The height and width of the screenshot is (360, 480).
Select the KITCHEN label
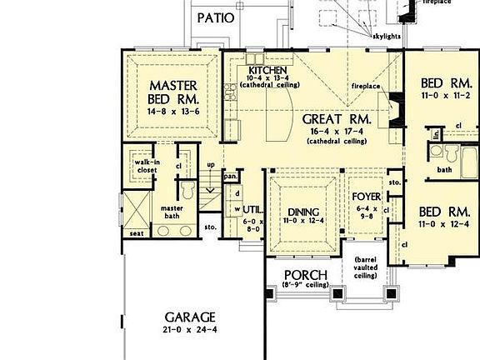tap(267, 70)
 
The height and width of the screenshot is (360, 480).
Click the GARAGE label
tap(190, 317)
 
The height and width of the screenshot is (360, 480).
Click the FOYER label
tap(367, 197)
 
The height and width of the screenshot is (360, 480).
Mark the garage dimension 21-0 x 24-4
tap(189, 331)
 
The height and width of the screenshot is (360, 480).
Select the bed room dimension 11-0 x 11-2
tap(442, 97)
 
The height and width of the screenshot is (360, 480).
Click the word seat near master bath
tap(137, 234)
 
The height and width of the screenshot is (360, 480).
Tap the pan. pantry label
tap(232, 176)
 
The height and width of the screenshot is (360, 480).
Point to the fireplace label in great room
tap(365, 86)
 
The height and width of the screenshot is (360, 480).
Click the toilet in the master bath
tap(188, 192)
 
